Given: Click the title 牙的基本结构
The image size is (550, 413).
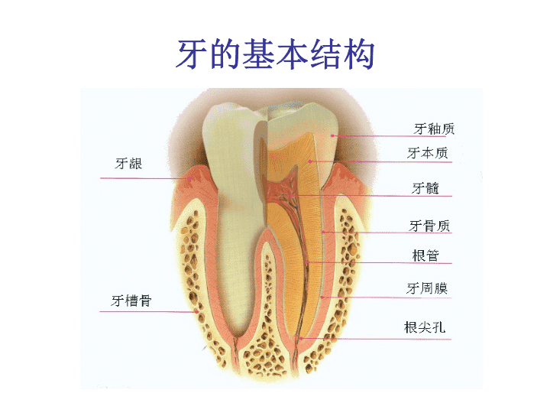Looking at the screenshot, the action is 275,54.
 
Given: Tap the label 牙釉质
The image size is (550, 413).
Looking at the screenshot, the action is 434,129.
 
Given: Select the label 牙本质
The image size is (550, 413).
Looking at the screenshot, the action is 428,153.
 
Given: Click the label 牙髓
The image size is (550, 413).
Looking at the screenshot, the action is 425,188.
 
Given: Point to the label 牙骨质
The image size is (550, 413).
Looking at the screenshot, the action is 429,226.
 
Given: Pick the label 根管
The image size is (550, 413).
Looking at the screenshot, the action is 425,255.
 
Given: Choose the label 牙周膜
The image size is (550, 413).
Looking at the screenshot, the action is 427,288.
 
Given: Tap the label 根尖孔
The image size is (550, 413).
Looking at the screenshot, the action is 425,327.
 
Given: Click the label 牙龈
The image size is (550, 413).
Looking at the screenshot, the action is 128,164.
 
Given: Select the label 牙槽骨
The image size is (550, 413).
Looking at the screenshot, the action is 131,301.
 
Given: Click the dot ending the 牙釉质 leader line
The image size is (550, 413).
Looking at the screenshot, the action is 332,135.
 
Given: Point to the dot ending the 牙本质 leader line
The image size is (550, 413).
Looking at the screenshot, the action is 310,161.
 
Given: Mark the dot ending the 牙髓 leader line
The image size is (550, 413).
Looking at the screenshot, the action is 292,195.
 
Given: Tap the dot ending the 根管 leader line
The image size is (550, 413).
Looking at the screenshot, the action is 306,262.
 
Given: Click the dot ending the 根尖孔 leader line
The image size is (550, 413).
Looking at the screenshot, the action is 301,339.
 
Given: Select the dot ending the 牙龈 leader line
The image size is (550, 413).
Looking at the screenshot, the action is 189,178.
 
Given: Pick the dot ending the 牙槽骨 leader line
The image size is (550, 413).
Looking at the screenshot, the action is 197,312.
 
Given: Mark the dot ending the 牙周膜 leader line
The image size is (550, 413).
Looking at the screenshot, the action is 322,298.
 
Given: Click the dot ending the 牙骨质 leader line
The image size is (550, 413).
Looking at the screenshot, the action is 323,233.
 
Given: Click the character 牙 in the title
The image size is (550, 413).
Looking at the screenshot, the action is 191,54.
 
